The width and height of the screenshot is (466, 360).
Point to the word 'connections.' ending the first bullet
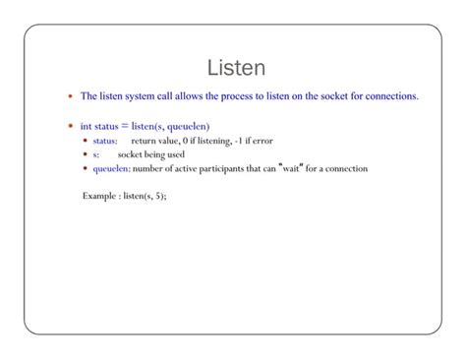tap(390, 96)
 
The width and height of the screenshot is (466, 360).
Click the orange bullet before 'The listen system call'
tap(69, 97)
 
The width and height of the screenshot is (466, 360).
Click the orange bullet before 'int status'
tap(69, 127)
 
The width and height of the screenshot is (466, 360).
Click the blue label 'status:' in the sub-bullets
tap(105, 141)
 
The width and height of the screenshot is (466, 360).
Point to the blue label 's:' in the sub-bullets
tap(96, 154)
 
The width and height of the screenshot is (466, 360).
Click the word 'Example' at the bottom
tap(99, 195)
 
